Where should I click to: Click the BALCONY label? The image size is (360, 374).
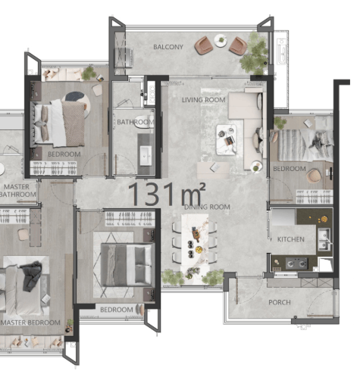[x=168, y=47]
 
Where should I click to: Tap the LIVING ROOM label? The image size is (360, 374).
[x=204, y=100]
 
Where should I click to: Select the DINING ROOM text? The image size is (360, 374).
[x=207, y=207]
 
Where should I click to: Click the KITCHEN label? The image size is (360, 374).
[x=291, y=239]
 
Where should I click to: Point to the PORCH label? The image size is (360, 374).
[x=280, y=302]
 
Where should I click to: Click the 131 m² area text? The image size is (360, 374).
[x=167, y=194]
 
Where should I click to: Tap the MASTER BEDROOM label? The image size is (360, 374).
[x=30, y=323]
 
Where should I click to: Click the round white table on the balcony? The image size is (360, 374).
[x=221, y=40]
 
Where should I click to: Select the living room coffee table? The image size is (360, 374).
[x=227, y=139]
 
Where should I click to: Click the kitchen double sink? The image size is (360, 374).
[x=324, y=239]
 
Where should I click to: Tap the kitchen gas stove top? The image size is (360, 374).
[x=296, y=263]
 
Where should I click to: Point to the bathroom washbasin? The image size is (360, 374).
[x=146, y=156]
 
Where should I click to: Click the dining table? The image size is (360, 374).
[x=195, y=242]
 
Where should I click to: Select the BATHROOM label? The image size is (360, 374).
[x=136, y=122]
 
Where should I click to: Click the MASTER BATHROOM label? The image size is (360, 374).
[x=17, y=191]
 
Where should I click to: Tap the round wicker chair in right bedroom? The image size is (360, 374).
[x=313, y=176]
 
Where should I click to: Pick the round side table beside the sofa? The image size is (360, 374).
[x=256, y=167]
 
